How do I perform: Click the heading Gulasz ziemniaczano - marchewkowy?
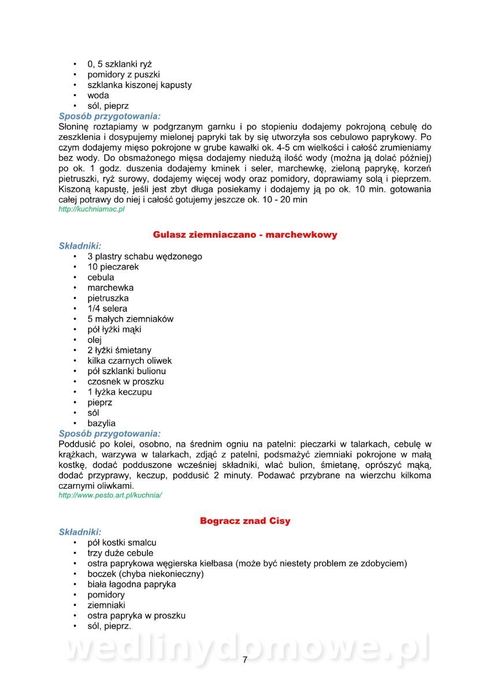245,235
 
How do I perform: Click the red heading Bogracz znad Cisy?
245,521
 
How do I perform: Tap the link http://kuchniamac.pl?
91,209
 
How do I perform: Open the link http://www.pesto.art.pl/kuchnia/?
110,496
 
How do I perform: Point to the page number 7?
245,660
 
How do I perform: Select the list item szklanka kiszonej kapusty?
139,85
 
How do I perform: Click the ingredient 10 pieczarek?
113,267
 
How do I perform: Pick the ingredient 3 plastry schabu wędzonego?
144,256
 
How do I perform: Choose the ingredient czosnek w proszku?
125,382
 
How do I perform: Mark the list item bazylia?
102,423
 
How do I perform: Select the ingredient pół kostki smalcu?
122,542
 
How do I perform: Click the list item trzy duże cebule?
120,553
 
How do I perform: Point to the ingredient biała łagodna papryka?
132,584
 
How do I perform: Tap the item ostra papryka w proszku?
136,615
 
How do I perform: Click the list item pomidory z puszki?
124,75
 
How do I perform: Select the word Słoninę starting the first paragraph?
76,127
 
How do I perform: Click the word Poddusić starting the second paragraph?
77,444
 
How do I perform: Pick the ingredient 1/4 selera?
107,309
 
